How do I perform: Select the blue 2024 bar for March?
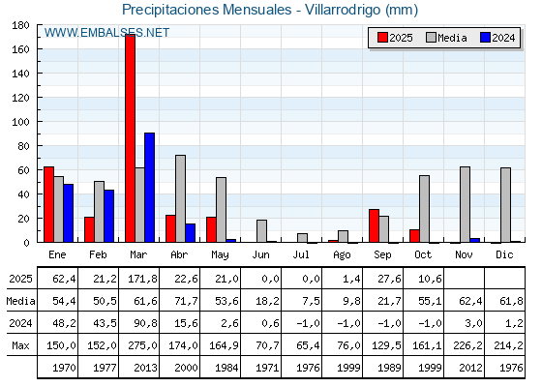pyautogui.click(x=149, y=188)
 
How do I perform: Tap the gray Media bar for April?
pyautogui.click(x=180, y=198)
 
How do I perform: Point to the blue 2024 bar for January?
pyautogui.click(x=68, y=213)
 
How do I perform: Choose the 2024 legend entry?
pyautogui.click(x=497, y=38)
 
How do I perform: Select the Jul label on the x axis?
pyautogui.click(x=302, y=253)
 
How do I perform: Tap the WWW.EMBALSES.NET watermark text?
pyautogui.click(x=107, y=33)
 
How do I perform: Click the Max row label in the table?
pyautogui.click(x=19, y=345)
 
